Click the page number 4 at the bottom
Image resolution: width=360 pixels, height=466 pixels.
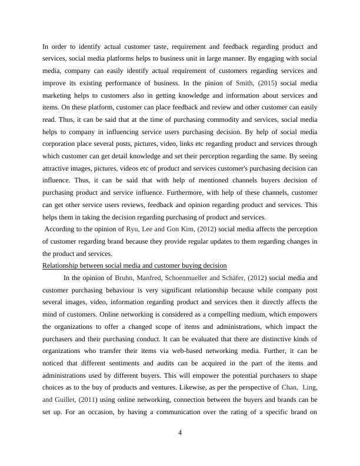coord(180,433)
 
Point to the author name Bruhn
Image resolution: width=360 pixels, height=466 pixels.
coord(125,278)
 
